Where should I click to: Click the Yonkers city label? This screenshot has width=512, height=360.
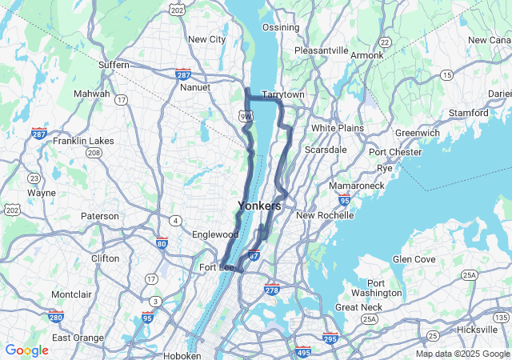pyautogui.click(x=259, y=206)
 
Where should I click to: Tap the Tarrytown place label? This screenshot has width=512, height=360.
pyautogui.click(x=283, y=94)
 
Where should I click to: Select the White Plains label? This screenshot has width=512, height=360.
pyautogui.click(x=337, y=128)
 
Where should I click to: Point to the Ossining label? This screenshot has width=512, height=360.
pyautogui.click(x=281, y=27)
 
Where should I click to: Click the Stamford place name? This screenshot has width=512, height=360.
pyautogui.click(x=470, y=113)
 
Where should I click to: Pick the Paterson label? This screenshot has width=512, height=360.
pyautogui.click(x=100, y=216)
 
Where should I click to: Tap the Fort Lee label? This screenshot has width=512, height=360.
pyautogui.click(x=215, y=267)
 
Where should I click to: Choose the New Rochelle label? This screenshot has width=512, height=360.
pyautogui.click(x=324, y=215)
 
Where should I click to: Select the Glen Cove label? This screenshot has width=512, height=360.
pyautogui.click(x=413, y=259)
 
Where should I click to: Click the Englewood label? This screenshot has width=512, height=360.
pyautogui.click(x=215, y=234)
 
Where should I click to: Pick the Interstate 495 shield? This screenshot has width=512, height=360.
pyautogui.click(x=303, y=351)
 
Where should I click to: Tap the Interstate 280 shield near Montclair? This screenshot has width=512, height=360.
pyautogui.click(x=56, y=317)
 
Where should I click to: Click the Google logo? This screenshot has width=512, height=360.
pyautogui.click(x=26, y=350)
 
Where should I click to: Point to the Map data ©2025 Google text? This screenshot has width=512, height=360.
pyautogui.click(x=462, y=354)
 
